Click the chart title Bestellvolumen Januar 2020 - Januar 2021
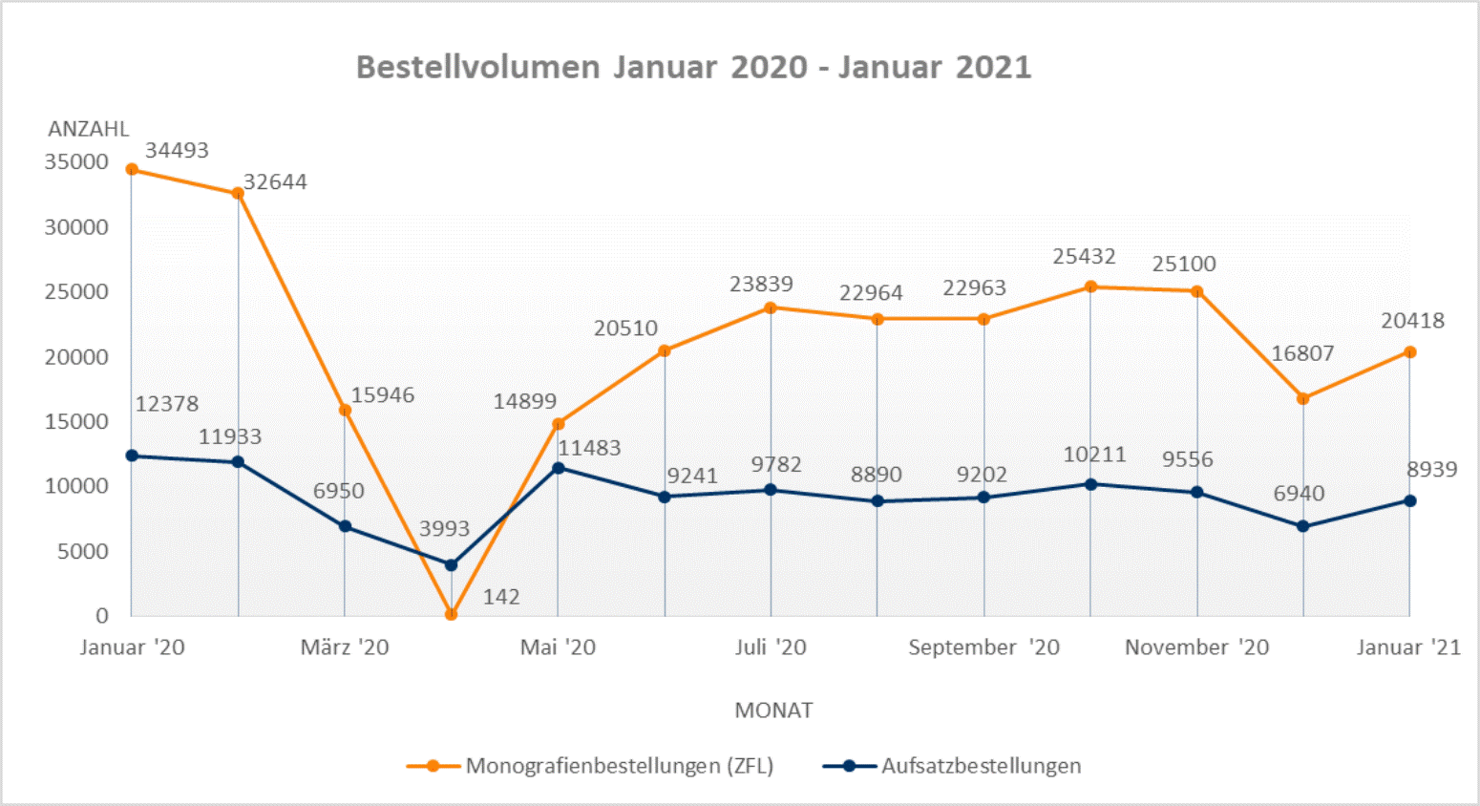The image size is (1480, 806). (x=693, y=67)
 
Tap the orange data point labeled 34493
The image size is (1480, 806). (x=132, y=170)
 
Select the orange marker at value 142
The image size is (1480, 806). (x=452, y=614)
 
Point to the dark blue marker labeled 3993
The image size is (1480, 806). (x=452, y=564)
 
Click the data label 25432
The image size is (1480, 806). (x=1084, y=256)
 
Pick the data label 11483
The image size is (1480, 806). (x=589, y=448)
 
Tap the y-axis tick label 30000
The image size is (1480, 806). (x=76, y=227)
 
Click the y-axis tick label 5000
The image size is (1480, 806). (x=83, y=551)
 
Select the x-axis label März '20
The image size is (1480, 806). (x=345, y=647)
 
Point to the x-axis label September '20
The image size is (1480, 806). (x=983, y=647)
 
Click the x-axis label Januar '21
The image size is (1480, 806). (x=1408, y=647)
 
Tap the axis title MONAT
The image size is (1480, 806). (x=773, y=711)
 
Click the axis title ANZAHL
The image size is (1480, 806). (x=88, y=129)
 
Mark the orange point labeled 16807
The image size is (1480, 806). (x=1303, y=398)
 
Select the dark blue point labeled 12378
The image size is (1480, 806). (x=132, y=456)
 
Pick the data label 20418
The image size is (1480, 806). (x=1412, y=321)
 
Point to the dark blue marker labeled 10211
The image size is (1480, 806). (x=1090, y=484)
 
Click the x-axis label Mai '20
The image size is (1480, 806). (x=558, y=647)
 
